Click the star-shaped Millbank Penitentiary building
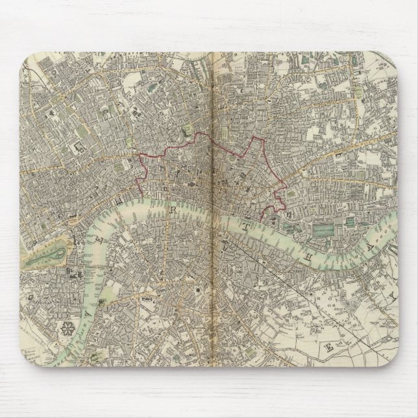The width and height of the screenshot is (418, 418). pyautogui.click(x=66, y=328)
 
